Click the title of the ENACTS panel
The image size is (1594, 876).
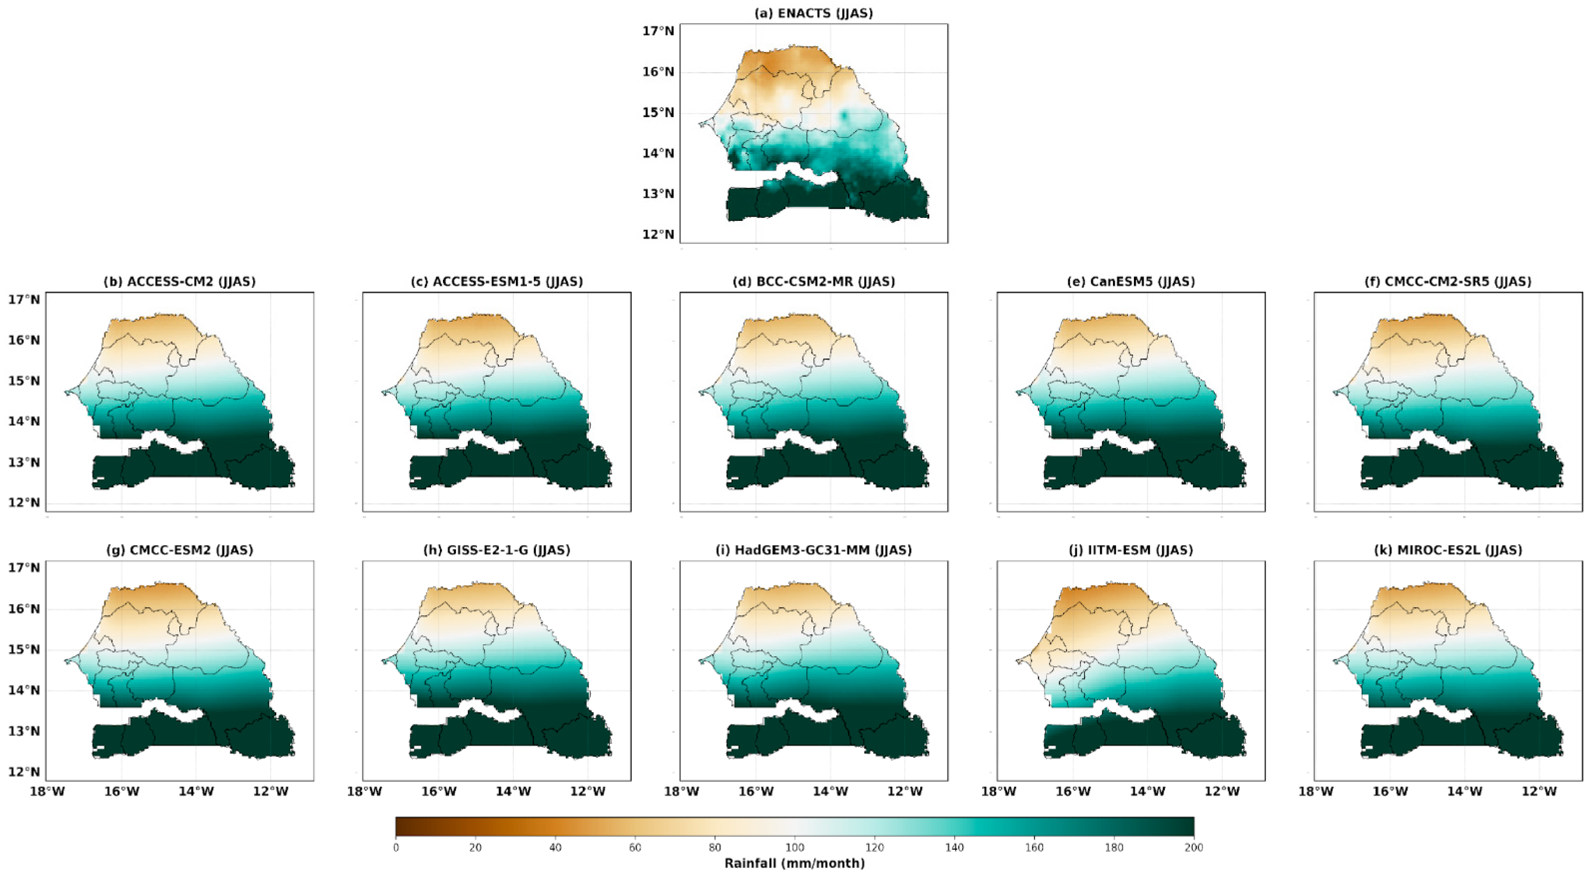tap(813, 13)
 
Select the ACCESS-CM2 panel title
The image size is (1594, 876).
tap(179, 282)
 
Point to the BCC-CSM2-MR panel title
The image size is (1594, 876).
tap(813, 282)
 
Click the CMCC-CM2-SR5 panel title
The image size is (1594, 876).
tap(1448, 282)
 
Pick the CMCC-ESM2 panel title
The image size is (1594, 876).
tap(179, 550)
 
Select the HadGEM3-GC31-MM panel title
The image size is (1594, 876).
tap(813, 550)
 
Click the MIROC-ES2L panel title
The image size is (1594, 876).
tap(1448, 550)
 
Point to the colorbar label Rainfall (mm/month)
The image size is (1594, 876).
tap(795, 863)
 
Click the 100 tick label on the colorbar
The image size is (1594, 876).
tap(795, 848)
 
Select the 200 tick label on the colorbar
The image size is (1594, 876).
tap(1194, 848)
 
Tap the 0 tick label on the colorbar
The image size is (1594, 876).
tap(396, 848)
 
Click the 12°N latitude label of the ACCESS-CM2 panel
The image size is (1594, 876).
tap(23, 503)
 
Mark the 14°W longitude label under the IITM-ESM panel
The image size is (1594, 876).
tap(1147, 792)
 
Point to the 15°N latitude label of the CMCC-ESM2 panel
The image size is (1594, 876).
tap(23, 650)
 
